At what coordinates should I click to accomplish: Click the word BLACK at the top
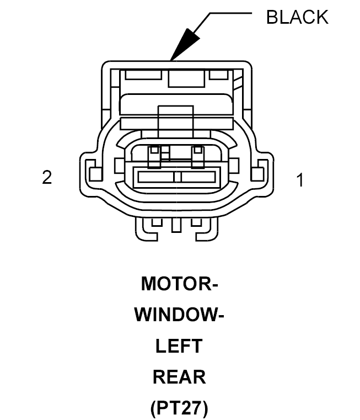coord(297,17)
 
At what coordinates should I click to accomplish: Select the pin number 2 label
coord(47,177)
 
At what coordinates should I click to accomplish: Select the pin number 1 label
coord(300,180)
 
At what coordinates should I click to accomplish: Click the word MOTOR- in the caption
coord(180,283)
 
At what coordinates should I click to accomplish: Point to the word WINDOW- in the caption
coord(179,315)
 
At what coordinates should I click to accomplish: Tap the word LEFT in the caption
coord(179,345)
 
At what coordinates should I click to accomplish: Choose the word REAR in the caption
coord(179,376)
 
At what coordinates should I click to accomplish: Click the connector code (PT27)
coord(179,408)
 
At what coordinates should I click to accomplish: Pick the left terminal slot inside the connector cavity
coord(156,177)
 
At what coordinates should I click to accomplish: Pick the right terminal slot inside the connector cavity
coord(198,177)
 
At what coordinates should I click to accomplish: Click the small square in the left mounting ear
coord(95,174)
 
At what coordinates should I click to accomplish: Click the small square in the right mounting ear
coord(257,174)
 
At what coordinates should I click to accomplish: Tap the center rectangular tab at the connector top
coord(186,78)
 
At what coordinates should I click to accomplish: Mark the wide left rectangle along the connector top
coord(144,75)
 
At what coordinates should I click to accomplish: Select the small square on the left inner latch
coord(154,150)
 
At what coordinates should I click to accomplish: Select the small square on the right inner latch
coord(197,150)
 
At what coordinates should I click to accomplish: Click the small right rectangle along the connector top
coord(218,75)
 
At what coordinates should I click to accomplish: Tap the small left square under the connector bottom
coord(157,222)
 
